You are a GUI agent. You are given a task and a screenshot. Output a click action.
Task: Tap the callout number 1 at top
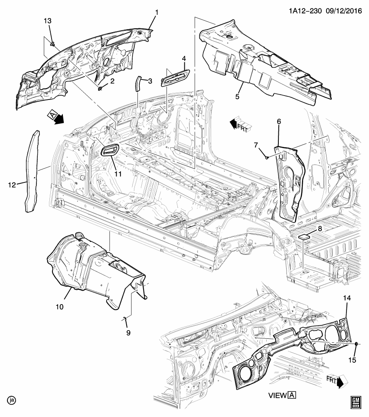pyautogui.click(x=157, y=12)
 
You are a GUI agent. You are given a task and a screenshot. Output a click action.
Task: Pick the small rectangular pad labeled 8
pyautogui.click(x=305, y=237)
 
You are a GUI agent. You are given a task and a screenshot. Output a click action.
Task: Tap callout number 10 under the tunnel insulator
pyautogui.click(x=59, y=307)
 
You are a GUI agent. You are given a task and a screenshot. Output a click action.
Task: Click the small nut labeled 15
pyautogui.click(x=356, y=344)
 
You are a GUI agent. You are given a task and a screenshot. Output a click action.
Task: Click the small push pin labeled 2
pyautogui.click(x=100, y=89)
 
